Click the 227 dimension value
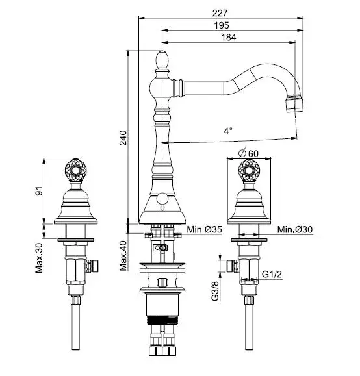[220, 13]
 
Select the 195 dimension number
[222, 25]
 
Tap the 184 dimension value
[229, 38]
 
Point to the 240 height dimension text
[123, 138]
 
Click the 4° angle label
[228, 131]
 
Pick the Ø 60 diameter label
[249, 153]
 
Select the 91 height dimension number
[39, 191]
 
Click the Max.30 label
[39, 258]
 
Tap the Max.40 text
[123, 256]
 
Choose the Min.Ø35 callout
[205, 229]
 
